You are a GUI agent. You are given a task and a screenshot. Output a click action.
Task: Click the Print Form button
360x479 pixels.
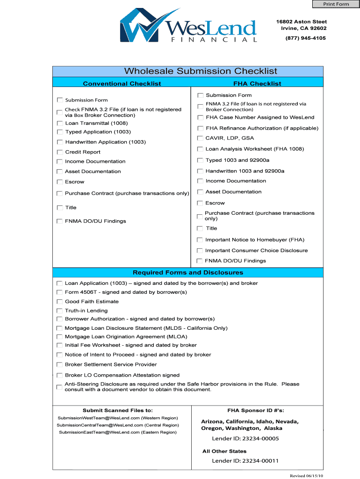coord(336,4)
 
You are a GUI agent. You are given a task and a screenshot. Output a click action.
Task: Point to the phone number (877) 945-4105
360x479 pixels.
coord(306,38)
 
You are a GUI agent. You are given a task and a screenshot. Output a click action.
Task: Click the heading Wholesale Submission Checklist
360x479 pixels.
coord(201,71)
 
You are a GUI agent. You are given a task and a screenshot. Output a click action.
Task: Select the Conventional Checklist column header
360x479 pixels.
coord(122,84)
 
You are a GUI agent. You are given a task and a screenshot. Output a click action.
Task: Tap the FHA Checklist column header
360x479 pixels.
coord(257,84)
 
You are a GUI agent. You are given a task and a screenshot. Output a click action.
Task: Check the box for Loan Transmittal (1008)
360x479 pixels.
coord(59,123)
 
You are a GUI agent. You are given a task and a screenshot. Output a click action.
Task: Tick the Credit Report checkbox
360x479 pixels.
coord(59,152)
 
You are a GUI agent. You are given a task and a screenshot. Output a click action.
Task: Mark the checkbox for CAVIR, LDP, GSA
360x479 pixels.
coord(200,138)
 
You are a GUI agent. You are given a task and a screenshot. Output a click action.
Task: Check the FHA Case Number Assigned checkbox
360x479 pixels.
coord(200,117)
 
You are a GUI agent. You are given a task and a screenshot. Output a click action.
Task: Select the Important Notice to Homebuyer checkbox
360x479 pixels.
coord(200,240)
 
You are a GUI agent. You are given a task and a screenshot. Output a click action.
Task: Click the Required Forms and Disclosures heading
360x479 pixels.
coord(188,273)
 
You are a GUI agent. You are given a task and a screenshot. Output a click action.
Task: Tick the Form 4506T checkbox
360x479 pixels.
coord(59,292)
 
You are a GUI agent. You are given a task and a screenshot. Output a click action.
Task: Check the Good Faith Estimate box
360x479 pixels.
coord(59,302)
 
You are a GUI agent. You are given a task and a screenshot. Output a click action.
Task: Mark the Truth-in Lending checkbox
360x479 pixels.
coord(59,311)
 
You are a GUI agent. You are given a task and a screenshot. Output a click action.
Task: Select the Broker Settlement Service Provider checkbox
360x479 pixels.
coord(59,364)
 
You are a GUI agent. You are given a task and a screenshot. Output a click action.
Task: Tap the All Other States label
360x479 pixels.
coord(224,451)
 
